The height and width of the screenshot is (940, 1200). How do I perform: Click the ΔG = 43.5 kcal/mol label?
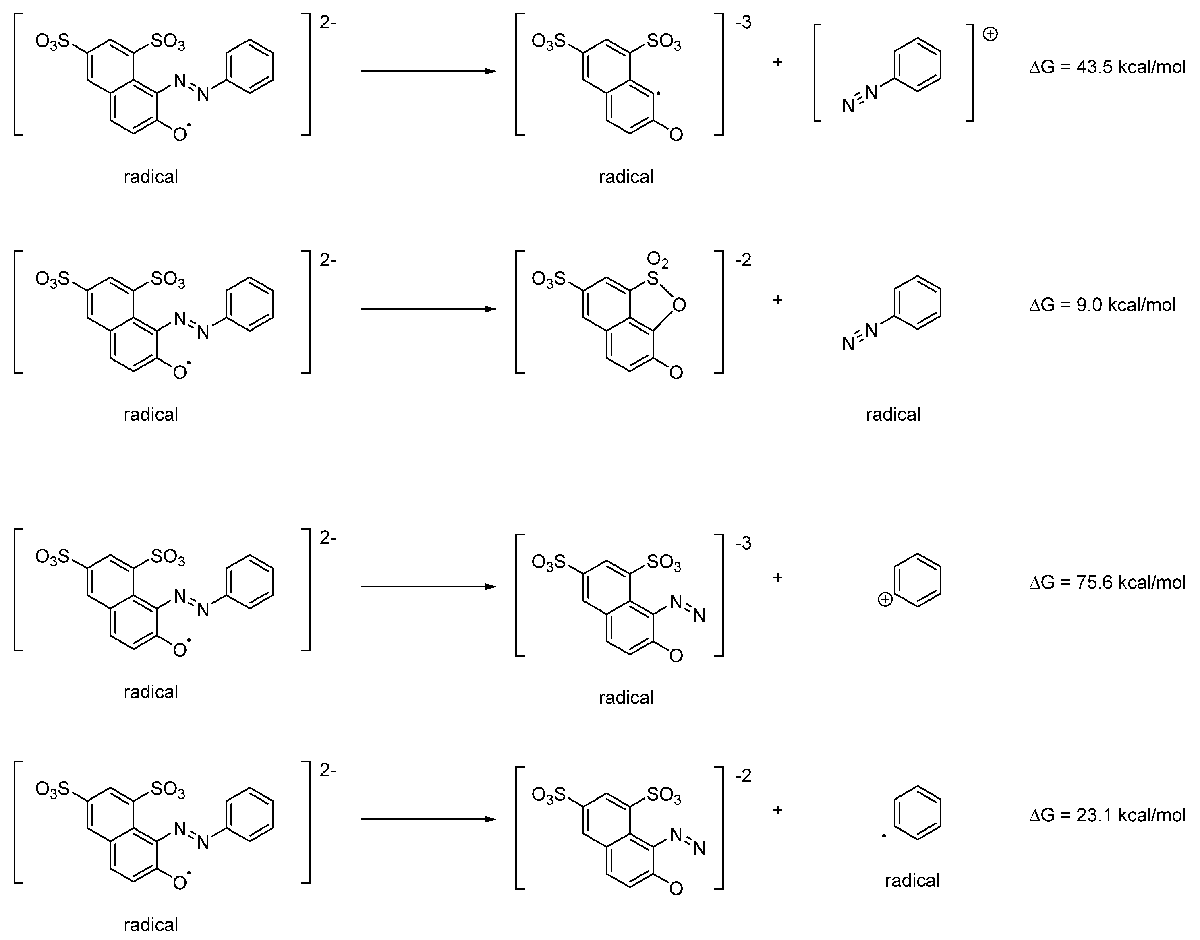pyautogui.click(x=1107, y=67)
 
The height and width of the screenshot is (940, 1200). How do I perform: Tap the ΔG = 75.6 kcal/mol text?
pyautogui.click(x=1107, y=582)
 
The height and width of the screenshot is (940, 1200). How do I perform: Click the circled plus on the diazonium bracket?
pyautogui.click(x=990, y=35)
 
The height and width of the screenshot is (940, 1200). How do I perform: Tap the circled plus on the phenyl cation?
pyautogui.click(x=885, y=599)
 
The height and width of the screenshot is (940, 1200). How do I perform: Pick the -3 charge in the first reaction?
pyautogui.click(x=743, y=23)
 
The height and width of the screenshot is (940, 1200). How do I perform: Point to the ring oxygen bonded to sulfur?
pyautogui.click(x=679, y=304)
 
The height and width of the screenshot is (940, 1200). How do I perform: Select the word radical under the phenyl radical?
pyautogui.click(x=912, y=880)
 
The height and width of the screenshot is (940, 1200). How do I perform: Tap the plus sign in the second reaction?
pyautogui.click(x=777, y=300)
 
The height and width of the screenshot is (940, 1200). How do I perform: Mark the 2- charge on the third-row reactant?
pyautogui.click(x=327, y=538)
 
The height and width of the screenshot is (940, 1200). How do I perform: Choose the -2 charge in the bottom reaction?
pyautogui.click(x=743, y=776)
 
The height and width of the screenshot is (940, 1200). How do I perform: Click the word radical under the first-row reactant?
pyautogui.click(x=150, y=177)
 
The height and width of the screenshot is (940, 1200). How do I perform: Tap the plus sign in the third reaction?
pyautogui.click(x=777, y=578)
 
